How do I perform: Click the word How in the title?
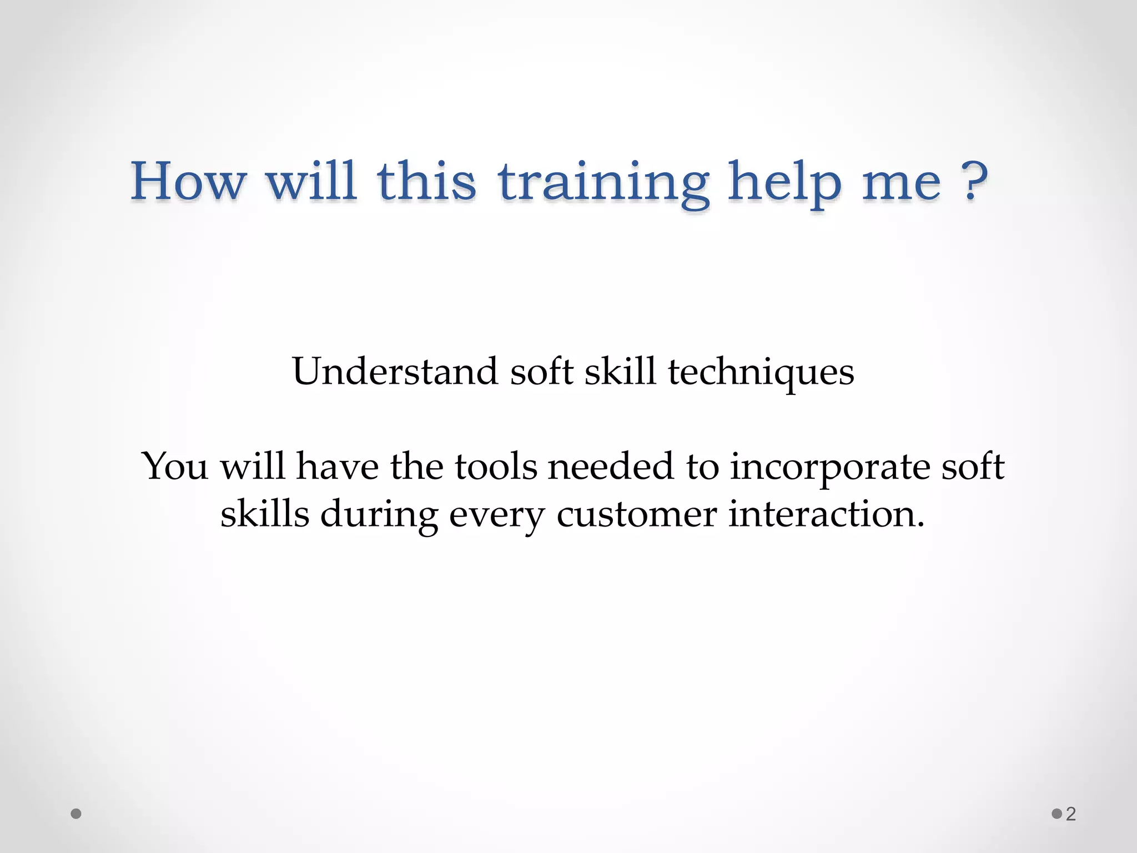coord(188,181)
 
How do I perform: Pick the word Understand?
coord(395,372)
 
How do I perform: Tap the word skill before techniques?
coord(620,372)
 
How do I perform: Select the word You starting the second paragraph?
coord(175,466)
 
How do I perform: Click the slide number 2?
coord(1071,814)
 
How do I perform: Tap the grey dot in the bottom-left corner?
coord(77,814)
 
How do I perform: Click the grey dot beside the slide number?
coord(1056,814)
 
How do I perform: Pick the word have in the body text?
coord(338,466)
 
